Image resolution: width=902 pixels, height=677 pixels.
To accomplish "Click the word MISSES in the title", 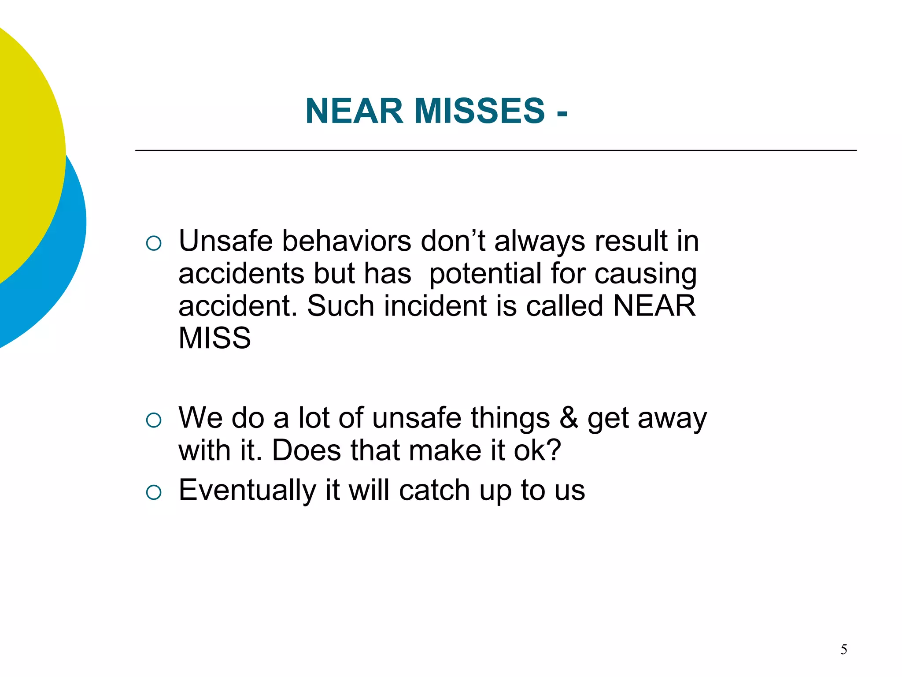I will [479, 111].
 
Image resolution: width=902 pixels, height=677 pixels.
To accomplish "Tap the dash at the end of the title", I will [562, 113].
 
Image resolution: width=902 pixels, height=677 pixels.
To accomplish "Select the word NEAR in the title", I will [354, 111].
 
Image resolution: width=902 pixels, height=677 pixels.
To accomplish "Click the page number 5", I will [843, 649].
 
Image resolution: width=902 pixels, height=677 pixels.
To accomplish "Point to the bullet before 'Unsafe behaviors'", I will [154, 243].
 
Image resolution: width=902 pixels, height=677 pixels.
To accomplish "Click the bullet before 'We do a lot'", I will [154, 420].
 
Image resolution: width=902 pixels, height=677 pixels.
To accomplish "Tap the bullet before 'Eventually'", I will [154, 492].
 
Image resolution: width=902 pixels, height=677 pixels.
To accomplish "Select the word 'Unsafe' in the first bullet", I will [225, 241].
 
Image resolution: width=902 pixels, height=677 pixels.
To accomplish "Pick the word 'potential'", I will [485, 274].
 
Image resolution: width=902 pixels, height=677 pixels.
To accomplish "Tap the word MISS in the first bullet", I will [214, 338].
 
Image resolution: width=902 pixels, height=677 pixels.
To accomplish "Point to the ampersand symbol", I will [569, 418].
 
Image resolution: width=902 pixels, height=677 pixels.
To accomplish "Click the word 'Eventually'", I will [247, 491].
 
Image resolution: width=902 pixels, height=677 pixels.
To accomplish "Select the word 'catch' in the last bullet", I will [434, 490].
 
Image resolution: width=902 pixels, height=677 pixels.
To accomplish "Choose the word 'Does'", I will [307, 450].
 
